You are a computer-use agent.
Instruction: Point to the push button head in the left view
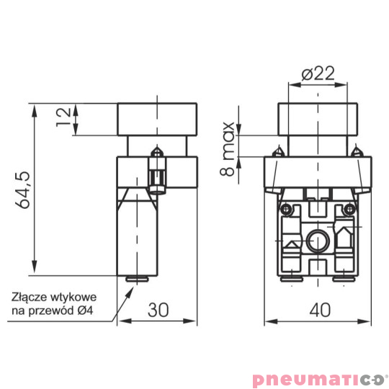coord(158,120)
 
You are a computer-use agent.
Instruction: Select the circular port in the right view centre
coord(317,240)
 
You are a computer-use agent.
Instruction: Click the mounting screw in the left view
coord(156,173)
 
